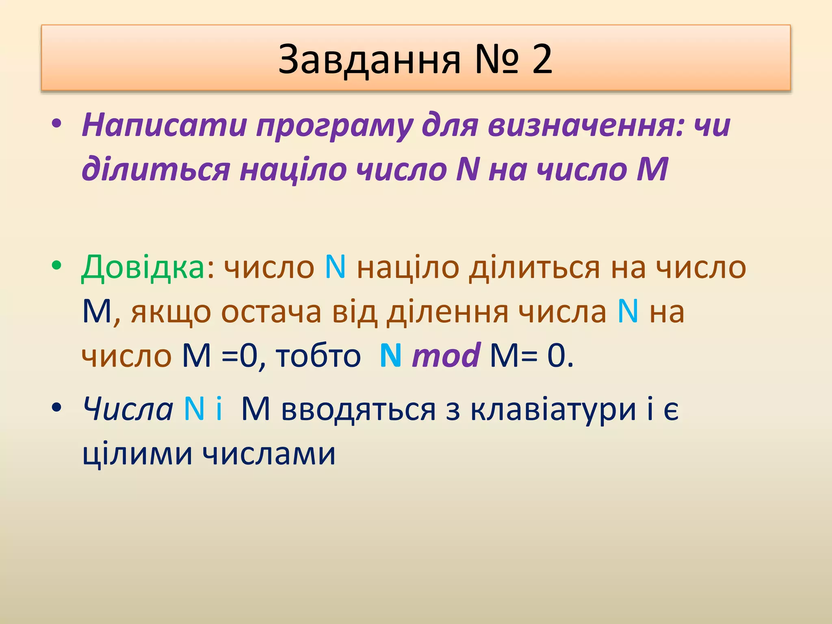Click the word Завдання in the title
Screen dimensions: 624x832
click(369, 60)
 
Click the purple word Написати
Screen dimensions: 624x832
click(164, 125)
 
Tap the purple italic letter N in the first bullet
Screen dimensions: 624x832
click(468, 169)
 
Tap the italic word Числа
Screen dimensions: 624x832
click(128, 408)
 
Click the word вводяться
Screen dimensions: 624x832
click(358, 409)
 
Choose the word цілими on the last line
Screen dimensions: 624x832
click(137, 453)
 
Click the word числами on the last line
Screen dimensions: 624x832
click(269, 453)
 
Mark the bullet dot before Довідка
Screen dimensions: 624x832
click(56, 266)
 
